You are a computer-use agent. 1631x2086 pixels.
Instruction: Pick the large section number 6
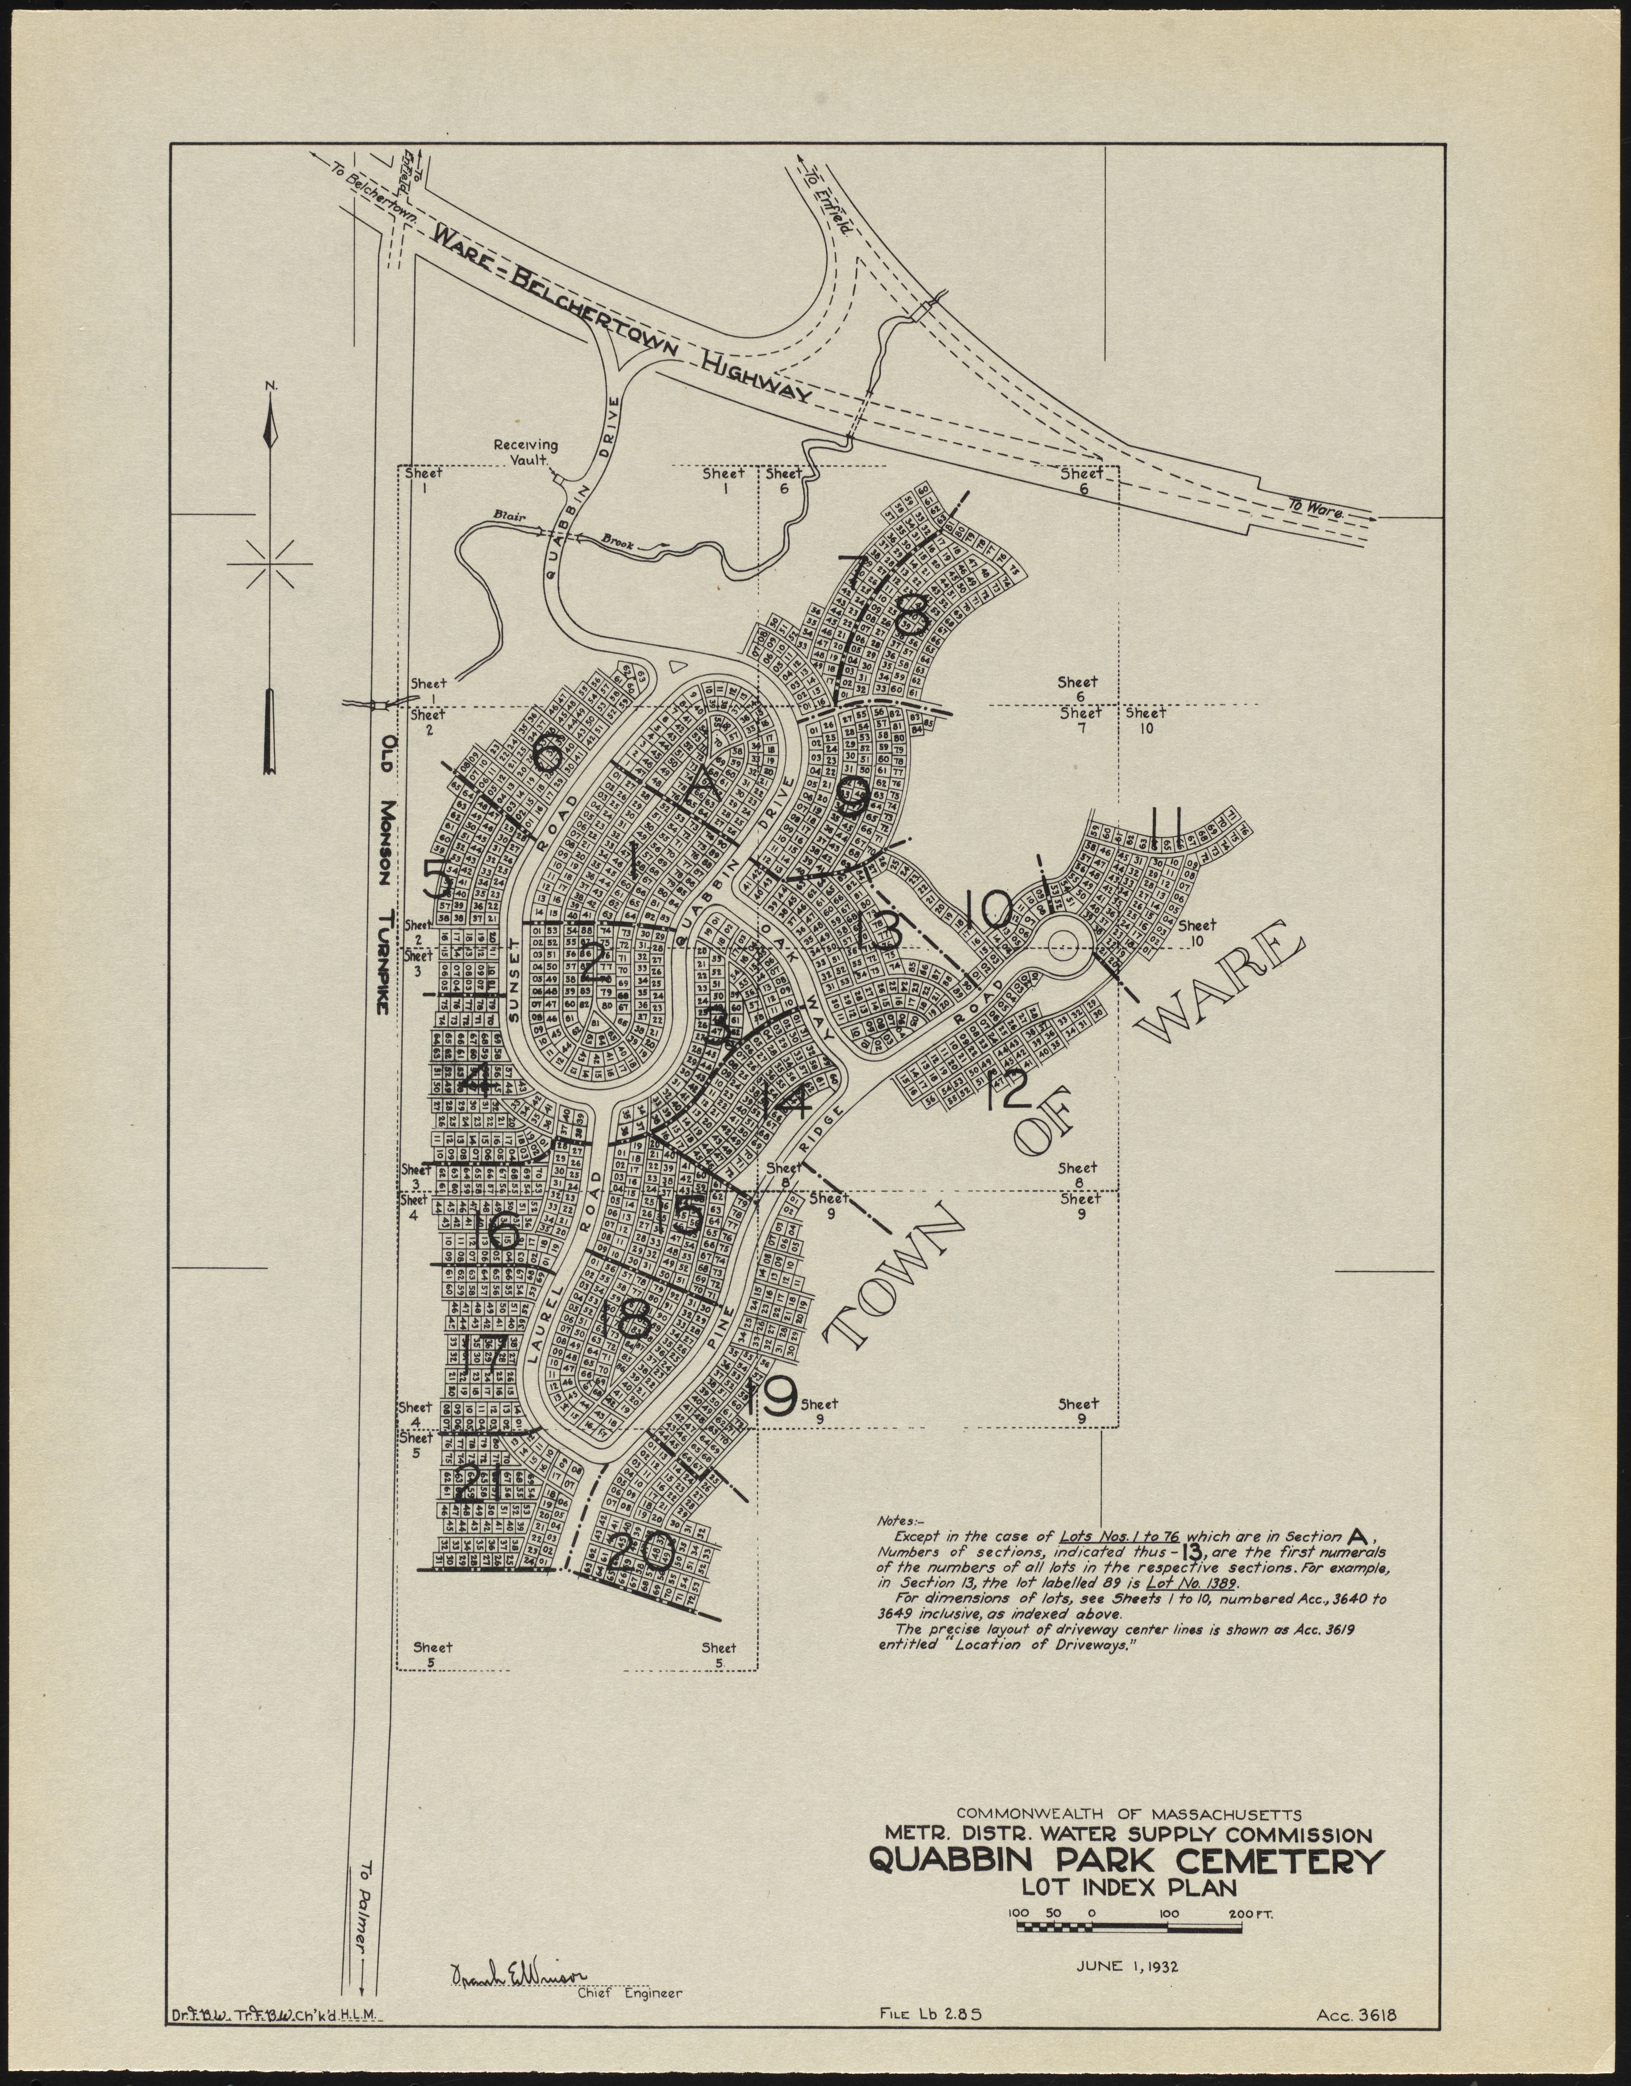click(548, 755)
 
